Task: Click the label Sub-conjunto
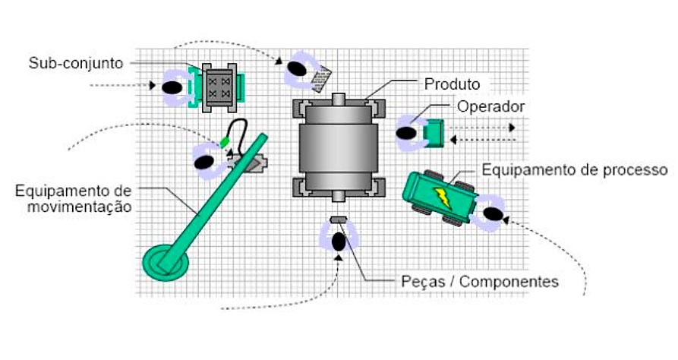75,62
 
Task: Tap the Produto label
452,83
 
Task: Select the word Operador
490,106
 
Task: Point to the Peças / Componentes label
479,282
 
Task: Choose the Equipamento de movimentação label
73,197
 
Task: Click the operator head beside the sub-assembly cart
172,87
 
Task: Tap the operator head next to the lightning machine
492,215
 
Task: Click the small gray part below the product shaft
338,221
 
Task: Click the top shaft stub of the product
338,98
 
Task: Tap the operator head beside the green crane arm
203,162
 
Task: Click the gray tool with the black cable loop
250,162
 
